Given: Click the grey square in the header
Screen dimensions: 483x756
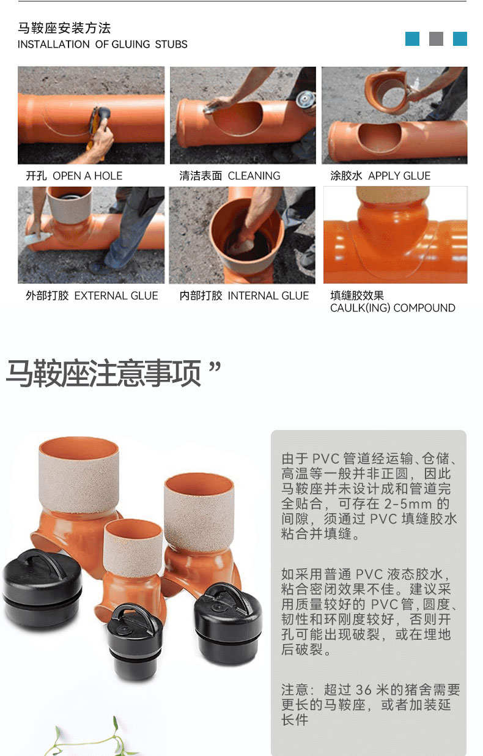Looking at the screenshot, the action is click(436, 39).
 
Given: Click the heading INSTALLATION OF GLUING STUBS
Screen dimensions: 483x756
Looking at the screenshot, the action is click(103, 44).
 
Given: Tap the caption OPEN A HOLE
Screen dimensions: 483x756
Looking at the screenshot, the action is click(87, 176).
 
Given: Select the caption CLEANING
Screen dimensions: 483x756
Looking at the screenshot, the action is click(254, 176).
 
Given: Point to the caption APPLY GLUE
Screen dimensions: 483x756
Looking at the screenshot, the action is click(399, 176).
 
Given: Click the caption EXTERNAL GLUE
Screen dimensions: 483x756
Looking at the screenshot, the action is click(116, 295).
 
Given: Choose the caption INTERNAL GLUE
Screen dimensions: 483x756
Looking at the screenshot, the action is click(268, 295).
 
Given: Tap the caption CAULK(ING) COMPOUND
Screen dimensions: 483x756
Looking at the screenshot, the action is click(393, 308).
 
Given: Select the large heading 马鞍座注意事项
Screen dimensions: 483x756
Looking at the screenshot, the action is click(103, 374).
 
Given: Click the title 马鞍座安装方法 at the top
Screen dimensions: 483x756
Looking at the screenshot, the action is click(64, 28).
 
